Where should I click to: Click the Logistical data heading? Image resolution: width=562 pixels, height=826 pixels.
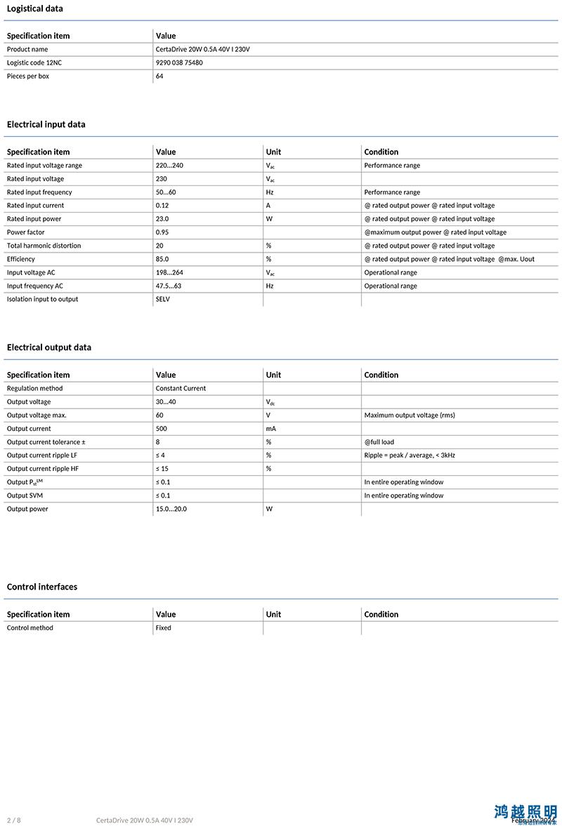34,8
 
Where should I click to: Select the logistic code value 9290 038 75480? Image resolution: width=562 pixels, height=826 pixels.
179,62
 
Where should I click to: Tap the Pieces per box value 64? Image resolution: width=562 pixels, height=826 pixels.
159,76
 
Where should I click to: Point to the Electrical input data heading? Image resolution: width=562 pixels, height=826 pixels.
46,124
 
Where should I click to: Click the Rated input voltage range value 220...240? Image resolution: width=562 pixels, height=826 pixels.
169,166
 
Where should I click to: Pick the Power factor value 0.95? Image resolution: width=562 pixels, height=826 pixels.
162,232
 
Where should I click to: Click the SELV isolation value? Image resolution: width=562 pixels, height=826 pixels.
163,299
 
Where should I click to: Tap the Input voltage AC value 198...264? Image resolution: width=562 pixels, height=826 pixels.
169,272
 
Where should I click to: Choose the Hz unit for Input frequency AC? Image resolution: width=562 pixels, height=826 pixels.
270,286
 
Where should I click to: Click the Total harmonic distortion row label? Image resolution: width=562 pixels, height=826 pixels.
44,246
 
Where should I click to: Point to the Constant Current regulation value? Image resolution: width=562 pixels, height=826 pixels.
181,388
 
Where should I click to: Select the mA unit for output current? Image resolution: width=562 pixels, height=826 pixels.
271,428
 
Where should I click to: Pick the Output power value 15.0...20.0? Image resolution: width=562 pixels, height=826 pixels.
171,509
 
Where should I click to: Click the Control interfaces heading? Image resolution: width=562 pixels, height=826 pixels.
42,587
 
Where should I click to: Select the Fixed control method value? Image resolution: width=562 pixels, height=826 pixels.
164,627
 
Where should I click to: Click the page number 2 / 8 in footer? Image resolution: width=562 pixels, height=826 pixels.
14,820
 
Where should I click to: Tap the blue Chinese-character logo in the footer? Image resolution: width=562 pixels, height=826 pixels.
525,812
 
